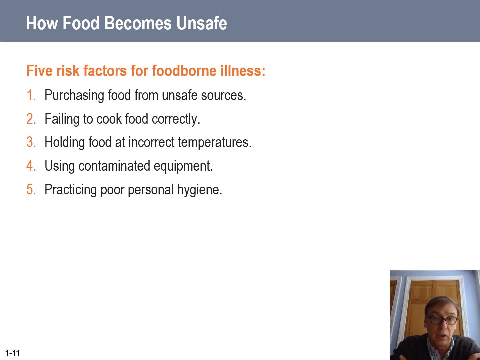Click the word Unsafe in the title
[202, 23]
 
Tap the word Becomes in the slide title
[138, 23]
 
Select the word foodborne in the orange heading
[184, 71]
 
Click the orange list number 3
[31, 142]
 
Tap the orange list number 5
[31, 189]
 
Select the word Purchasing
[74, 96]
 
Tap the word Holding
[65, 143]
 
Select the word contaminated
[114, 166]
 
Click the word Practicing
[71, 190]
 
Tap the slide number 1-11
[12, 353]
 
